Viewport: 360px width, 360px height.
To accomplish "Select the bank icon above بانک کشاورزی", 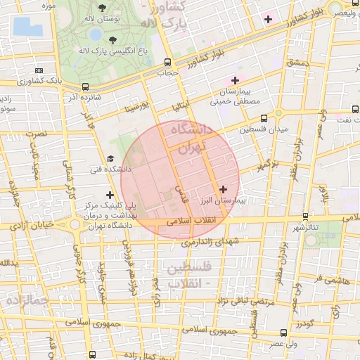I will click(x=38, y=70).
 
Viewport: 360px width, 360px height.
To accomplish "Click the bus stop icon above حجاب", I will click(x=167, y=61).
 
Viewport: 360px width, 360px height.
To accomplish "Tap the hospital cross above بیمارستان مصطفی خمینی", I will click(x=235, y=81).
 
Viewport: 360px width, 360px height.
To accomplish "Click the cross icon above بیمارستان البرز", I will click(x=224, y=188).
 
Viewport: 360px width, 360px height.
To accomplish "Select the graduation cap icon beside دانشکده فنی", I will click(x=110, y=160).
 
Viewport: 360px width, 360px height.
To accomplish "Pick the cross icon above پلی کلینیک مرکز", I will click(x=109, y=195).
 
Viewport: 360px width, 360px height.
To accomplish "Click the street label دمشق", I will click(x=297, y=63).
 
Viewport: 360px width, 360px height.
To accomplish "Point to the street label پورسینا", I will click(x=136, y=108).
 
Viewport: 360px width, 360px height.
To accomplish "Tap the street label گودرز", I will click(x=304, y=323).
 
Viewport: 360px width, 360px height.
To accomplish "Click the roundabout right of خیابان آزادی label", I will click(x=75, y=226).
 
